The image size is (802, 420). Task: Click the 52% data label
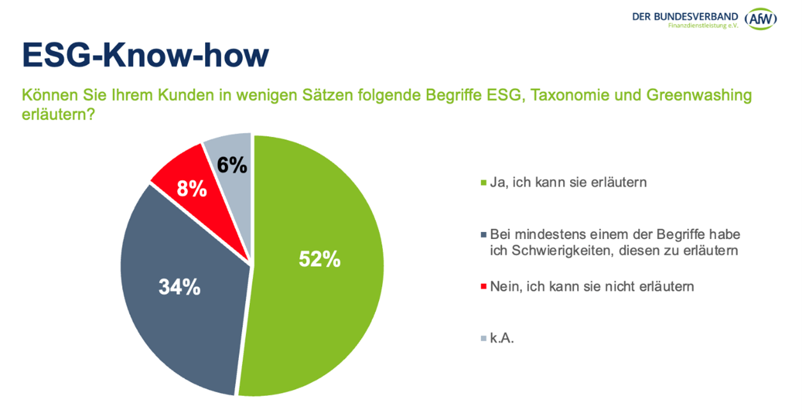[320, 259]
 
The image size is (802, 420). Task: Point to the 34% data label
[180, 288]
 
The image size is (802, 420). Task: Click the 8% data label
[192, 189]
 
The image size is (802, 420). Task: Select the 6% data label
[231, 165]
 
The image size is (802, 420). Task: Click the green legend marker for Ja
[482, 183]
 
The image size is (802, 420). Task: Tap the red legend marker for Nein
[482, 288]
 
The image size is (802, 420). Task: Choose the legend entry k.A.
[502, 339]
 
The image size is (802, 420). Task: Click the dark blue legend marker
[482, 235]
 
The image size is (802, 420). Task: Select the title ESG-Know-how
[145, 56]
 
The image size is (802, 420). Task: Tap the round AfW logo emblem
[762, 18]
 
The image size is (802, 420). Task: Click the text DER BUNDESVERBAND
[684, 15]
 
